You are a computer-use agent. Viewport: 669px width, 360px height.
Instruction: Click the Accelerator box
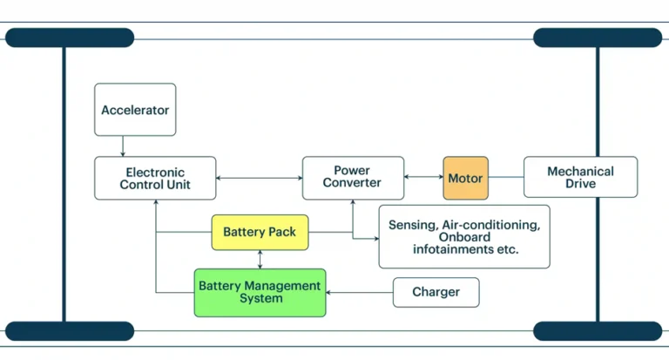tap(135, 110)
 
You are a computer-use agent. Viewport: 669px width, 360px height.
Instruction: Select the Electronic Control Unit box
tap(155, 178)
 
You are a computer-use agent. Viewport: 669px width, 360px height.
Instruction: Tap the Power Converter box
tap(353, 178)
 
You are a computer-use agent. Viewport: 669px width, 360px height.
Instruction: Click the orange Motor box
tap(465, 179)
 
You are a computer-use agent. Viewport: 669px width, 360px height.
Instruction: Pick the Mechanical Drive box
tap(580, 178)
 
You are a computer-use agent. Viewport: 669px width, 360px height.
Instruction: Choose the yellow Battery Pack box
tap(260, 232)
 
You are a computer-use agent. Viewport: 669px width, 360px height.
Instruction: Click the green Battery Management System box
tap(260, 292)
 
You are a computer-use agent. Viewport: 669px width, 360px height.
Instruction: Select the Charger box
tap(436, 292)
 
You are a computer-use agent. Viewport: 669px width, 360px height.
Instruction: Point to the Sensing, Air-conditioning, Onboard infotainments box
tap(464, 236)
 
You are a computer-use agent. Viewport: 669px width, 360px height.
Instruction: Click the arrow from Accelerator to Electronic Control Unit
tap(124, 146)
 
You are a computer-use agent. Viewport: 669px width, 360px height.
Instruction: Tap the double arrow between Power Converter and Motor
tap(423, 178)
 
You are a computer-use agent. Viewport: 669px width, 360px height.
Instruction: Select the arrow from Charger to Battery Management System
tap(359, 293)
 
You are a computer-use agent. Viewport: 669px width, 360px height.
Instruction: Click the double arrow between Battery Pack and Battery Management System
tap(260, 259)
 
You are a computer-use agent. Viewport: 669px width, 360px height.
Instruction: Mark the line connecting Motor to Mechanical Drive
tap(505, 178)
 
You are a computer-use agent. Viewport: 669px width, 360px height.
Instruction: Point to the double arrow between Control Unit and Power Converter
tap(260, 178)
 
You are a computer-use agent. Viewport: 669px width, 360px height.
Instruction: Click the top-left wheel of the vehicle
tap(70, 37)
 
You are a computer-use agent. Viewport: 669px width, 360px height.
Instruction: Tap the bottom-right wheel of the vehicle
tap(598, 331)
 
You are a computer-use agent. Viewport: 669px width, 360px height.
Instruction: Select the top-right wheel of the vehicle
tap(598, 37)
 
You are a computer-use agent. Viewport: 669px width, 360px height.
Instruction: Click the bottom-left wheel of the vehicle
tap(70, 331)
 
